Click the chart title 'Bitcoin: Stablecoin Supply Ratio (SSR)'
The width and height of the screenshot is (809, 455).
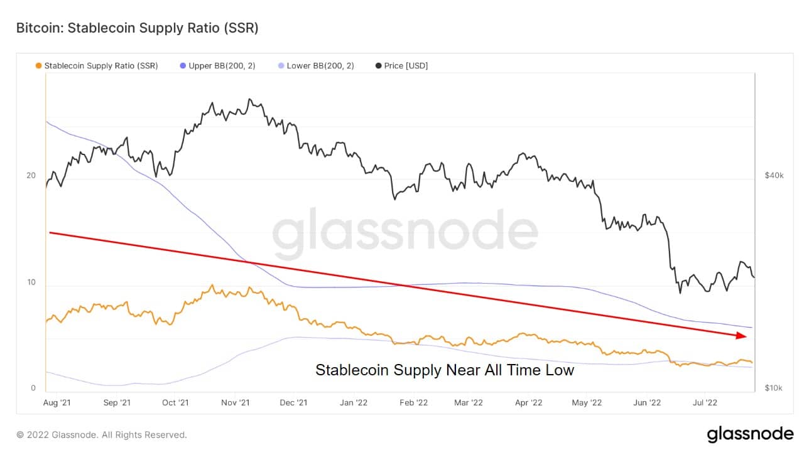click(137, 28)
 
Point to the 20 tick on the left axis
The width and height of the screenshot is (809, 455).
click(31, 176)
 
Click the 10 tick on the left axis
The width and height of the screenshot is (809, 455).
click(31, 282)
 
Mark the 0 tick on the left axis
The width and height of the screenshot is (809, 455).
click(33, 388)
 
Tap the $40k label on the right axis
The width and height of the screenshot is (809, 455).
click(774, 176)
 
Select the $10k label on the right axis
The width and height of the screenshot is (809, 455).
click(774, 388)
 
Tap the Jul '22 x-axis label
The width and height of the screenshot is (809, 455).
click(705, 402)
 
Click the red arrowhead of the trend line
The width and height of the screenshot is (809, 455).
click(742, 336)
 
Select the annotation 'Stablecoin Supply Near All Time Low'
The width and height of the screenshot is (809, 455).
click(445, 370)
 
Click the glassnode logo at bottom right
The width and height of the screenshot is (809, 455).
click(750, 434)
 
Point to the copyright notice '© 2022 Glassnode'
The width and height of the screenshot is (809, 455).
click(102, 434)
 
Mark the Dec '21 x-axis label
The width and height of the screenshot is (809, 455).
click(293, 402)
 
